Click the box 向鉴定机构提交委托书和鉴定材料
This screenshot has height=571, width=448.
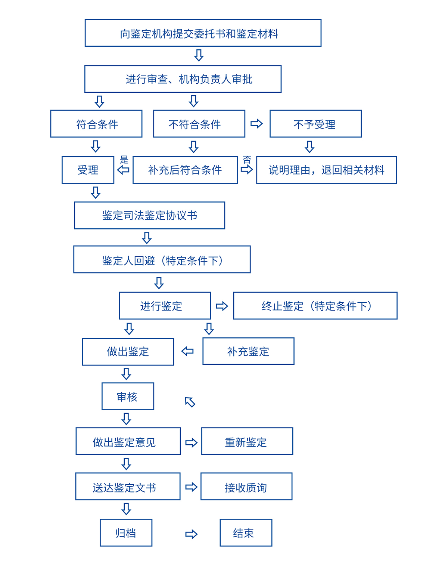tap(203, 33)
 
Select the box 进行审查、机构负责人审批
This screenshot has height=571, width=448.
tap(183, 79)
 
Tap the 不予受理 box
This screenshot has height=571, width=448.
tap(315, 124)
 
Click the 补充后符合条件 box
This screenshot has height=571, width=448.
tap(185, 170)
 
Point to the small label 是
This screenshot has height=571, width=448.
tap(124, 159)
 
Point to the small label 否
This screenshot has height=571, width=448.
tap(247, 159)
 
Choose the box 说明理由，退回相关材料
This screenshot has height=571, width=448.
tap(327, 170)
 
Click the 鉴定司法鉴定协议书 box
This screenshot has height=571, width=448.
tap(149, 216)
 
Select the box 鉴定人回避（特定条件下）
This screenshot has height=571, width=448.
tap(162, 259)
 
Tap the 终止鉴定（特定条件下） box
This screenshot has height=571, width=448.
tap(315, 306)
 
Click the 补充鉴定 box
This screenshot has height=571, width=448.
tap(248, 351)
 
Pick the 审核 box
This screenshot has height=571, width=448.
tap(128, 396)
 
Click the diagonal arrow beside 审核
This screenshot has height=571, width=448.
tap(190, 402)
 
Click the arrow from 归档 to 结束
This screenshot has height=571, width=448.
tap(191, 534)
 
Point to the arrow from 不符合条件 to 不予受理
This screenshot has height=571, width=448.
tap(256, 123)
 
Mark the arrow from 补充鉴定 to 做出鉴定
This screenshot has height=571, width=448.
tap(187, 351)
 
